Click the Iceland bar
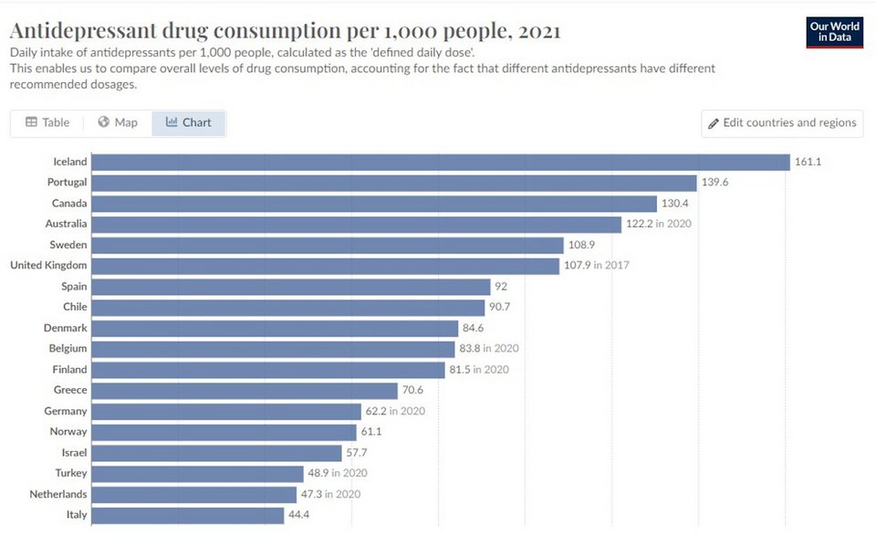pos(441,162)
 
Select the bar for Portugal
pos(394,183)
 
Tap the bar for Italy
pos(188,515)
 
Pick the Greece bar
pos(245,391)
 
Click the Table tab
pos(47,122)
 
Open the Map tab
pos(118,122)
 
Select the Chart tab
pos(189,122)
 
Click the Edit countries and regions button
pos(782,123)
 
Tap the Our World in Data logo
pos(835,32)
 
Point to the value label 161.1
pos(808,162)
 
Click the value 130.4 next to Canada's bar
pos(675,204)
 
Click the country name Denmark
pos(66,328)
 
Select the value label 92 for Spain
pos(500,287)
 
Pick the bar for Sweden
pos(328,246)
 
